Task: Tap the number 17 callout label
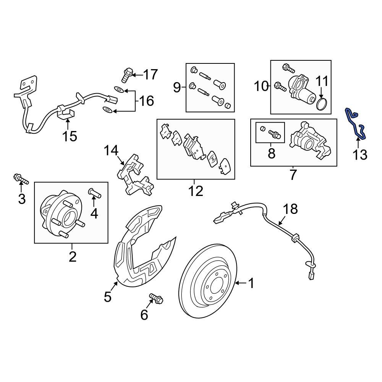pyautogui.click(x=150, y=74)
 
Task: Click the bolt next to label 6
pyautogui.click(x=156, y=299)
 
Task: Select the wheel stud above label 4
pyautogui.click(x=94, y=194)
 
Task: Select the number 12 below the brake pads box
pyautogui.click(x=196, y=191)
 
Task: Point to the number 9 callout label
pyautogui.click(x=176, y=88)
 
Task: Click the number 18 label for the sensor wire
pyautogui.click(x=290, y=209)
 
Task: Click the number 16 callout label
pyautogui.click(x=146, y=101)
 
